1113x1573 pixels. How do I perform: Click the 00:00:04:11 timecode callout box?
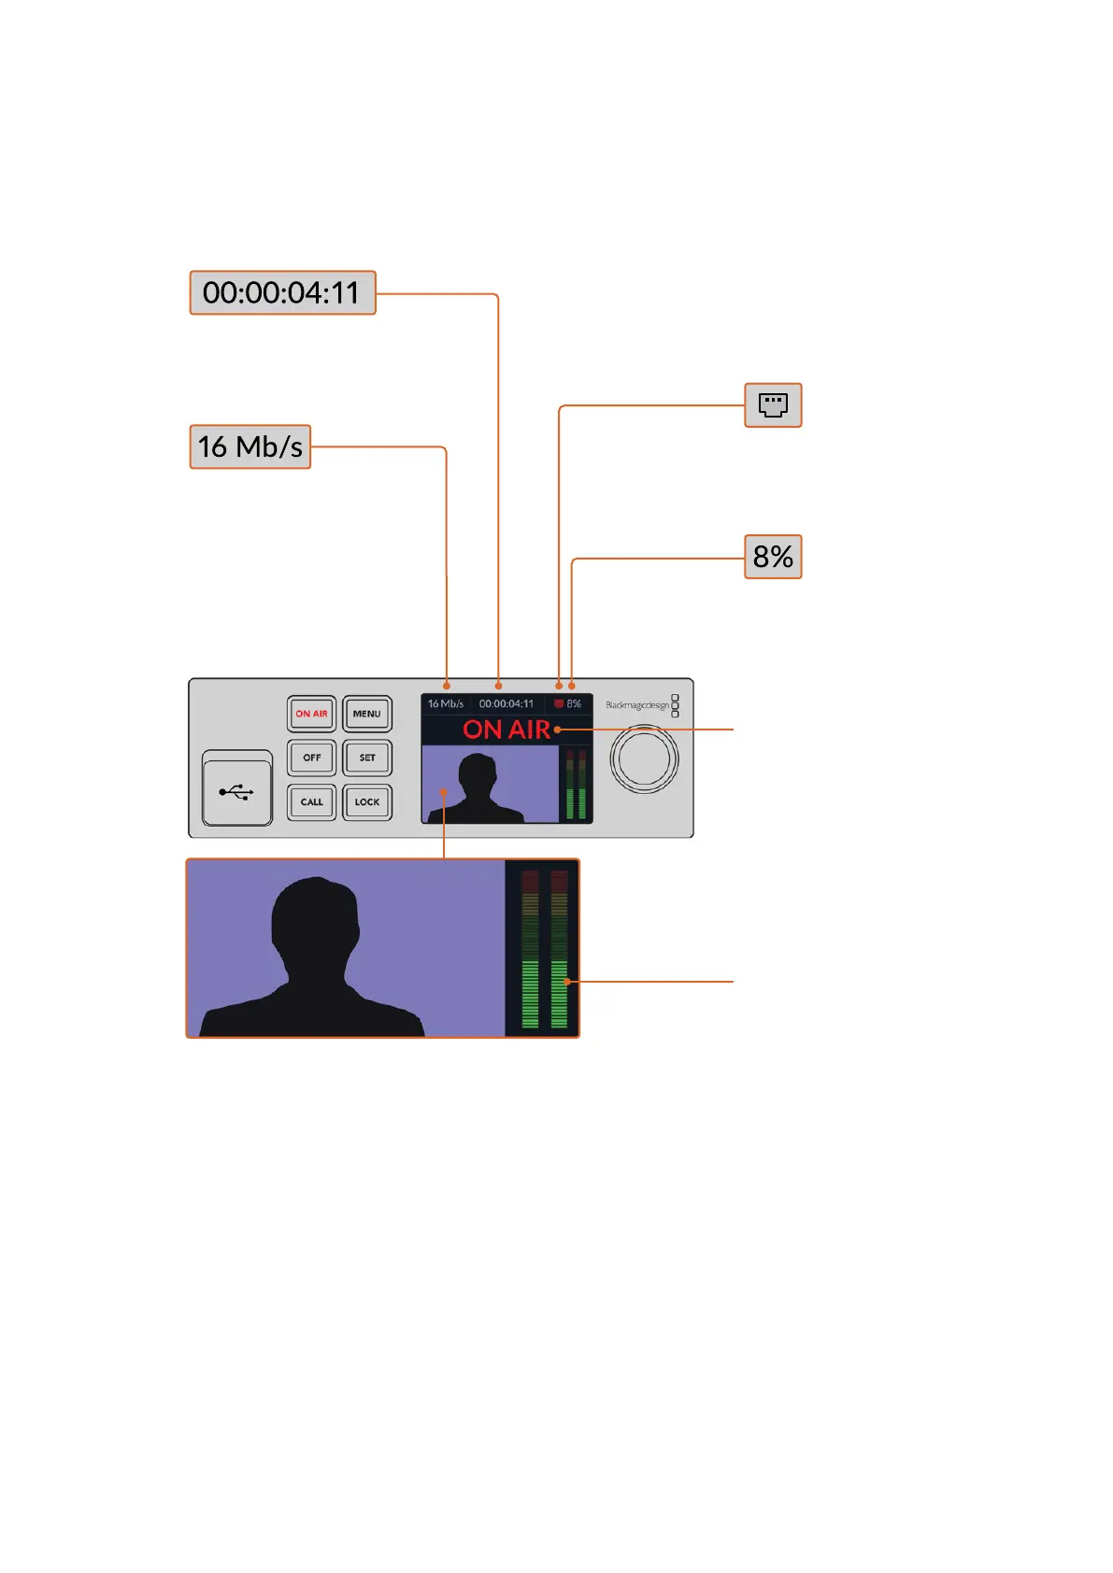[282, 293]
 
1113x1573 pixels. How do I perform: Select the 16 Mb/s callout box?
[250, 447]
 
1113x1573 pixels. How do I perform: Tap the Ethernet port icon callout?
[773, 405]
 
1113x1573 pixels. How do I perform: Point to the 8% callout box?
[773, 558]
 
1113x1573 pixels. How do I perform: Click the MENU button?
[367, 715]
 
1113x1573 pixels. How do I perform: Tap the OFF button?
[312, 758]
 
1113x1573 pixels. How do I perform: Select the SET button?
[367, 758]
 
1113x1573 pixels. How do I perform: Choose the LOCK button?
[367, 802]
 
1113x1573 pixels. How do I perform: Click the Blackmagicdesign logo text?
[637, 705]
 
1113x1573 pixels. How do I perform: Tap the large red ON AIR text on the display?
[507, 730]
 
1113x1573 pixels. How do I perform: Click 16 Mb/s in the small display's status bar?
[446, 704]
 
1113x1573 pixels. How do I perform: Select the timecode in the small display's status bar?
[507, 704]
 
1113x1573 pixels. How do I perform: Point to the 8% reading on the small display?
[574, 704]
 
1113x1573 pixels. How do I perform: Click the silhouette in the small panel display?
[478, 789]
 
